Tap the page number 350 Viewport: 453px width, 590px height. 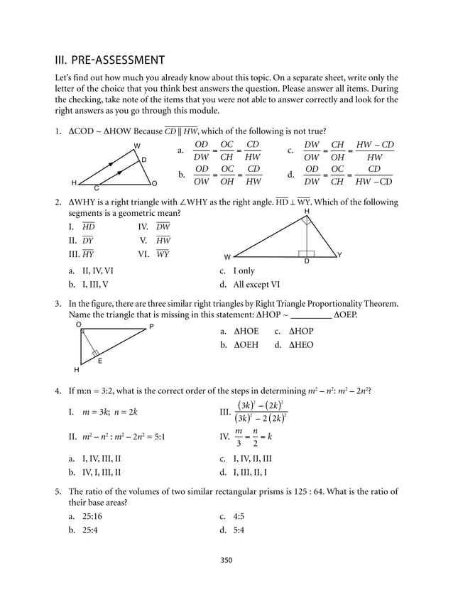coord(226,560)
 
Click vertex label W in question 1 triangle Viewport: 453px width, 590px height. coord(137,146)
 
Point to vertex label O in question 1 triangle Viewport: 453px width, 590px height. coord(154,183)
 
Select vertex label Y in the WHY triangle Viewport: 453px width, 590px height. coord(339,254)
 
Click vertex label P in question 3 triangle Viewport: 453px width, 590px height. coord(151,327)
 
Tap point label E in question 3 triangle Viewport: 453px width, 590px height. coord(100,361)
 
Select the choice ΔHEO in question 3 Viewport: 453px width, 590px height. coord(300,345)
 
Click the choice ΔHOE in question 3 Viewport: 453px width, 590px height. coord(246,331)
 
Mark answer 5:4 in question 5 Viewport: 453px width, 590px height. coord(239,530)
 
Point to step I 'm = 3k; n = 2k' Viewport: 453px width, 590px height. coord(102,412)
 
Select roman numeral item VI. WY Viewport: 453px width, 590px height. coord(154,253)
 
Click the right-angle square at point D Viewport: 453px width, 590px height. coord(307,253)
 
